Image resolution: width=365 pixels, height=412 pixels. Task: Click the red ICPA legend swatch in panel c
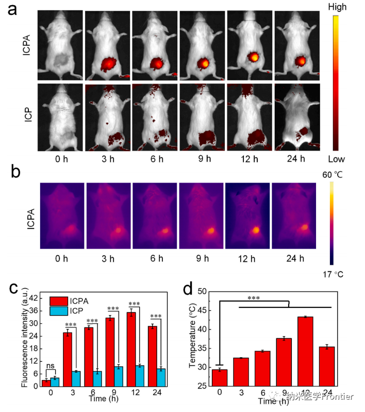(x=58, y=301)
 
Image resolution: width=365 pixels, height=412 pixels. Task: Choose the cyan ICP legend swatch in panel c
(x=58, y=310)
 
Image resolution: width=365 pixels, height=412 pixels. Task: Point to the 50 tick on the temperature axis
(x=203, y=292)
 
